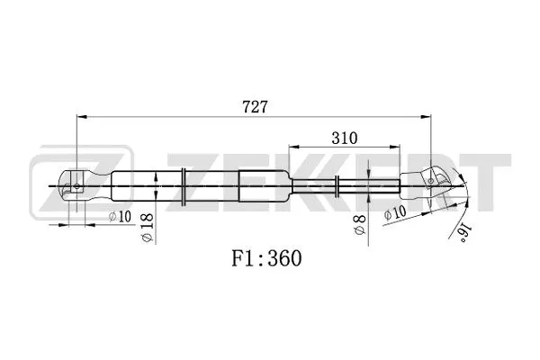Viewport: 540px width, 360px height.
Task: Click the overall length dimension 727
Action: [x=254, y=105]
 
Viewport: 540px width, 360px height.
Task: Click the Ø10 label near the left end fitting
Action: [x=119, y=216]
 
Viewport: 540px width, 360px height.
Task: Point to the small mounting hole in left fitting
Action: [x=77, y=186]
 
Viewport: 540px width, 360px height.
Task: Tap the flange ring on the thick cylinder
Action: [x=184, y=185]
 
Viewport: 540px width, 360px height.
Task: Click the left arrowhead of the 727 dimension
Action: [x=81, y=117]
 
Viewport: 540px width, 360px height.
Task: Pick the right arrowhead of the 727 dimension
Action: [x=425, y=117]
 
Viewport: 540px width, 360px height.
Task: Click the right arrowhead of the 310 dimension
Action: [x=397, y=147]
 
